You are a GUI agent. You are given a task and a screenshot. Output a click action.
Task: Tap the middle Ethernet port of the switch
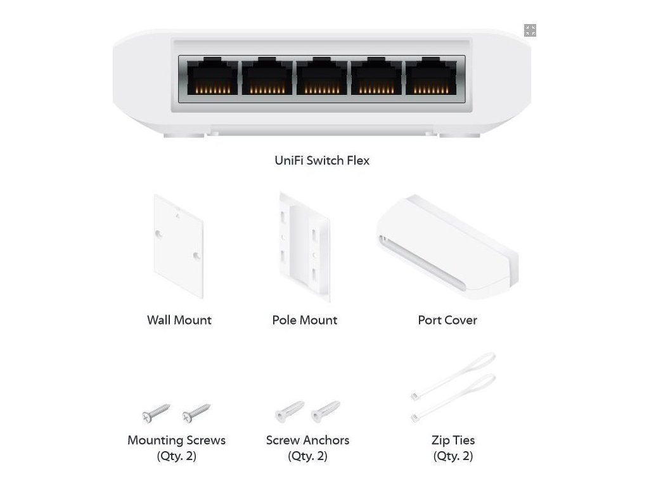[321, 78]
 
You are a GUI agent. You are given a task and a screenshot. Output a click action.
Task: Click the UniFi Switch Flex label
[321, 160]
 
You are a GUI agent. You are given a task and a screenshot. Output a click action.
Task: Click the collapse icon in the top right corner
[530, 30]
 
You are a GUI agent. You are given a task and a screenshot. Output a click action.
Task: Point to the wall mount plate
[178, 246]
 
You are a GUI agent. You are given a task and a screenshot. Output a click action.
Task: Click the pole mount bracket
[305, 247]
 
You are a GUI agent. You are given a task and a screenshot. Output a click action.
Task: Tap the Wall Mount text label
[179, 320]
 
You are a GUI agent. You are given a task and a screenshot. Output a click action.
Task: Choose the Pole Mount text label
[305, 320]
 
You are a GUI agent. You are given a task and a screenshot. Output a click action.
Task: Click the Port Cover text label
[447, 320]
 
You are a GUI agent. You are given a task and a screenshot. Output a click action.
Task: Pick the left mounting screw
[156, 413]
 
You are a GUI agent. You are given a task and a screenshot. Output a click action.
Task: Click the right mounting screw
[196, 413]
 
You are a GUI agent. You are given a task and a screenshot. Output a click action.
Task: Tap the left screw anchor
[289, 412]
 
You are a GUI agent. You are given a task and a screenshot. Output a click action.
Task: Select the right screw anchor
[325, 412]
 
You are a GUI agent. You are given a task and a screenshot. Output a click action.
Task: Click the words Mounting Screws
[176, 440]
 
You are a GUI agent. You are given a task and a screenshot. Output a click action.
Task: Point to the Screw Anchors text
[307, 440]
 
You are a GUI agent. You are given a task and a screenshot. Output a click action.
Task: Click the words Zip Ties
[453, 440]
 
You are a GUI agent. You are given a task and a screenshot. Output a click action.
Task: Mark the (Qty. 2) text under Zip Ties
[453, 456]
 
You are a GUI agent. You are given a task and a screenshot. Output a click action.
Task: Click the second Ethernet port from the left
[267, 78]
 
